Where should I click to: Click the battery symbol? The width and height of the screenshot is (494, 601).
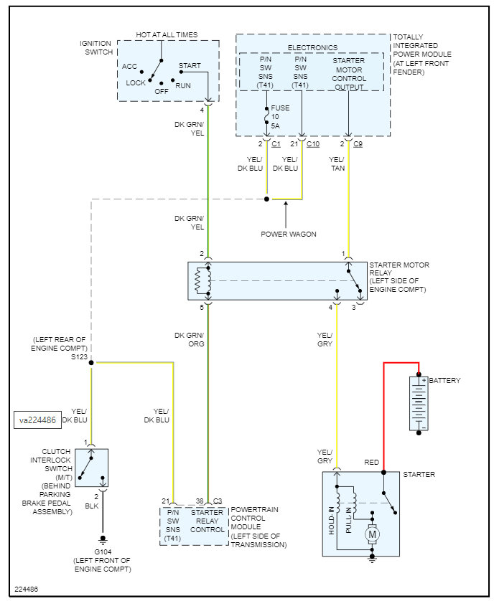(x=419, y=404)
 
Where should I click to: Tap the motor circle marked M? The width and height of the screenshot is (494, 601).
(x=372, y=534)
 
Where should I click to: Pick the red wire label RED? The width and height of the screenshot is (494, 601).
(x=372, y=462)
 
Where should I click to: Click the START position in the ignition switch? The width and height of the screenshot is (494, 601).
(x=190, y=66)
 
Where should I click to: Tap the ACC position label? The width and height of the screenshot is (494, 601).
(x=129, y=67)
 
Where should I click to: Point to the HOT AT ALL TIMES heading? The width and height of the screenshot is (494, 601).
(x=167, y=35)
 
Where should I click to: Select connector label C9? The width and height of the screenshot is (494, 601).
(x=359, y=144)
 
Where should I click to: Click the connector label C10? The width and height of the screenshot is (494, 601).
(x=313, y=144)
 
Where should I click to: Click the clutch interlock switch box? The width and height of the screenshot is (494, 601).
(x=92, y=468)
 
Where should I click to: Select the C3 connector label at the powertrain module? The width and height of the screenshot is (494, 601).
(x=218, y=501)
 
